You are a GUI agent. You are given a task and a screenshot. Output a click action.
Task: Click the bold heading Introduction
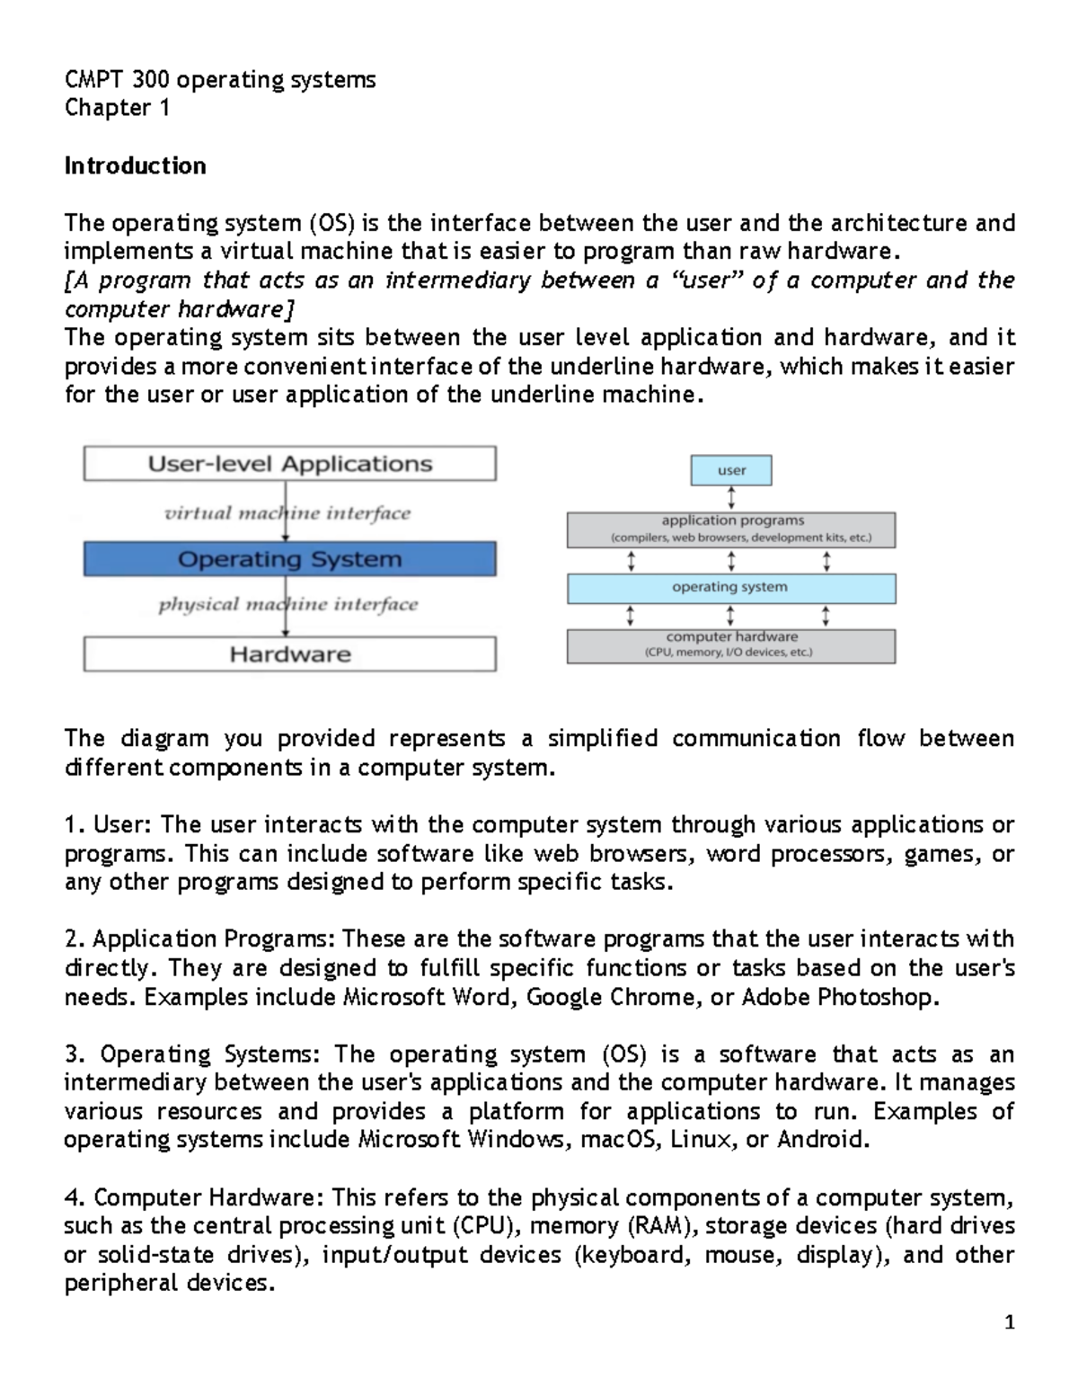[135, 165]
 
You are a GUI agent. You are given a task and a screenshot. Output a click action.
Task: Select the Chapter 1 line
[117, 108]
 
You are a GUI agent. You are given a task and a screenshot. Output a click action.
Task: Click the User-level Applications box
[289, 464]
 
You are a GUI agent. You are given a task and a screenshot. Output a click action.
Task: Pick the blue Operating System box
[289, 559]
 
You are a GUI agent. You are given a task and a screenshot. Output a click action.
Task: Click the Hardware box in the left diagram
[289, 654]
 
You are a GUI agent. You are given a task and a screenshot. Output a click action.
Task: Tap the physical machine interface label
[287, 605]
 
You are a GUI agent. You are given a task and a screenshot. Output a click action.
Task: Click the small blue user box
[731, 470]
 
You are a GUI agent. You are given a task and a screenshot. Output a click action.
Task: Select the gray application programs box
[731, 529]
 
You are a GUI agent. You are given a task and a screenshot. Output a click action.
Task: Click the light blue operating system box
[731, 588]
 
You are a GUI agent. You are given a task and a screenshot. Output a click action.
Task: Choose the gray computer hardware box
[731, 645]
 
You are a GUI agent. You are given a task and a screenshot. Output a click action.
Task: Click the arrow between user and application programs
[731, 498]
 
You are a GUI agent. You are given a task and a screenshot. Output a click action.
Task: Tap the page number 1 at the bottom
[1010, 1321]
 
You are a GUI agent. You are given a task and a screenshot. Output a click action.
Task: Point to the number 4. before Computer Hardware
[75, 1197]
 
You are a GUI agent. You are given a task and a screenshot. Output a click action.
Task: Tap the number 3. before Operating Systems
[75, 1054]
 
